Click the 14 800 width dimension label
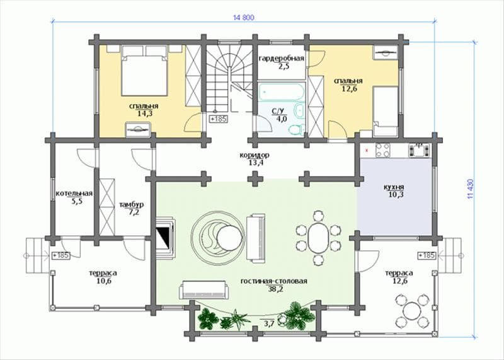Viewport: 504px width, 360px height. tap(243, 18)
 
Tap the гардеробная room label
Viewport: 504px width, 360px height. tap(281, 59)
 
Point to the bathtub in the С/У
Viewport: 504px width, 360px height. tap(281, 91)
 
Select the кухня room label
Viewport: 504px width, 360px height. tap(394, 187)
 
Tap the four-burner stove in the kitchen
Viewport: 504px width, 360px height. tap(382, 150)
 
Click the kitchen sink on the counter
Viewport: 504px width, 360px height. tap(419, 150)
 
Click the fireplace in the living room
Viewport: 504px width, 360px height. tap(166, 238)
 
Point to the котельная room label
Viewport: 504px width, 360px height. tap(74, 194)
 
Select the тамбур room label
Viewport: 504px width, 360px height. tap(132, 205)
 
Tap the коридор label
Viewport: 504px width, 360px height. tap(255, 155)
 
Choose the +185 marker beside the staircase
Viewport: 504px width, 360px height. tap(219, 119)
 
